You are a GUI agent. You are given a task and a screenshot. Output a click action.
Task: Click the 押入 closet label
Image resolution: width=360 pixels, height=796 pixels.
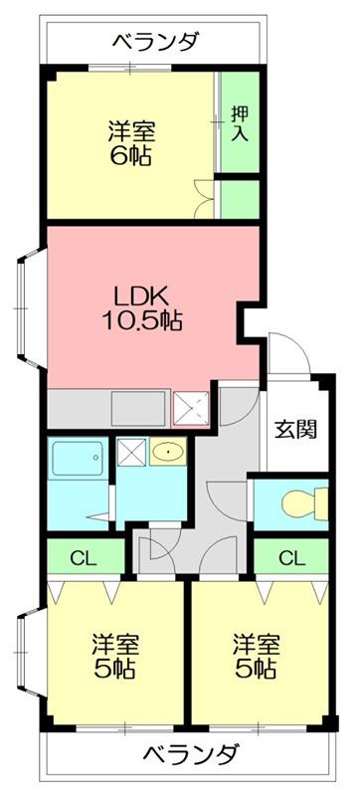click(x=240, y=124)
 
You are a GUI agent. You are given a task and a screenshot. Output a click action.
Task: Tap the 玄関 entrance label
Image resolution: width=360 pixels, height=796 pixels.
click(x=295, y=430)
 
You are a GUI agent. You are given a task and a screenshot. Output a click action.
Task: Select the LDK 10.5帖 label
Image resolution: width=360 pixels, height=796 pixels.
click(x=142, y=309)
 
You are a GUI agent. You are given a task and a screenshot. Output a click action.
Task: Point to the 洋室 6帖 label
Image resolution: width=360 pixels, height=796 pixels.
click(x=131, y=143)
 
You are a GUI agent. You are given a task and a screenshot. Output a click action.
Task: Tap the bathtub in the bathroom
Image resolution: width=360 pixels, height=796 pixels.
click(x=78, y=458)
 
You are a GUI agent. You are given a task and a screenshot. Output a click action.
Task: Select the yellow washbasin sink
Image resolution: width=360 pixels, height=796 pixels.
click(x=167, y=451)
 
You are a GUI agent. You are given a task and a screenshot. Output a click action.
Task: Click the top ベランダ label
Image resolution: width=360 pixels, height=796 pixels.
click(x=155, y=40)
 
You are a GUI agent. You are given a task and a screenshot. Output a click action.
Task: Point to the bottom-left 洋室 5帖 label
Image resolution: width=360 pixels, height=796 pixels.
click(x=115, y=656)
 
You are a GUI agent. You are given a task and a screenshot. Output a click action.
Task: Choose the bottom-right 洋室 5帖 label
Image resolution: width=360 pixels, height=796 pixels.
click(x=257, y=656)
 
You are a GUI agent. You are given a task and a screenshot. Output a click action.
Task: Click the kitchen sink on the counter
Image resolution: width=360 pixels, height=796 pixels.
click(x=139, y=408)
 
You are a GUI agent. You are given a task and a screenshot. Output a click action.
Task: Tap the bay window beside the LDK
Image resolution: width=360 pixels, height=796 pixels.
click(x=29, y=307)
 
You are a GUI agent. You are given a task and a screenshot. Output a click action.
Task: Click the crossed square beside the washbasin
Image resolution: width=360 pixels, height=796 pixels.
click(x=131, y=451)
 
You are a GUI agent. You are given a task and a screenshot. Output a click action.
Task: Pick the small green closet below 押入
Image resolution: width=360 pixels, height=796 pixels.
click(x=240, y=199)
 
